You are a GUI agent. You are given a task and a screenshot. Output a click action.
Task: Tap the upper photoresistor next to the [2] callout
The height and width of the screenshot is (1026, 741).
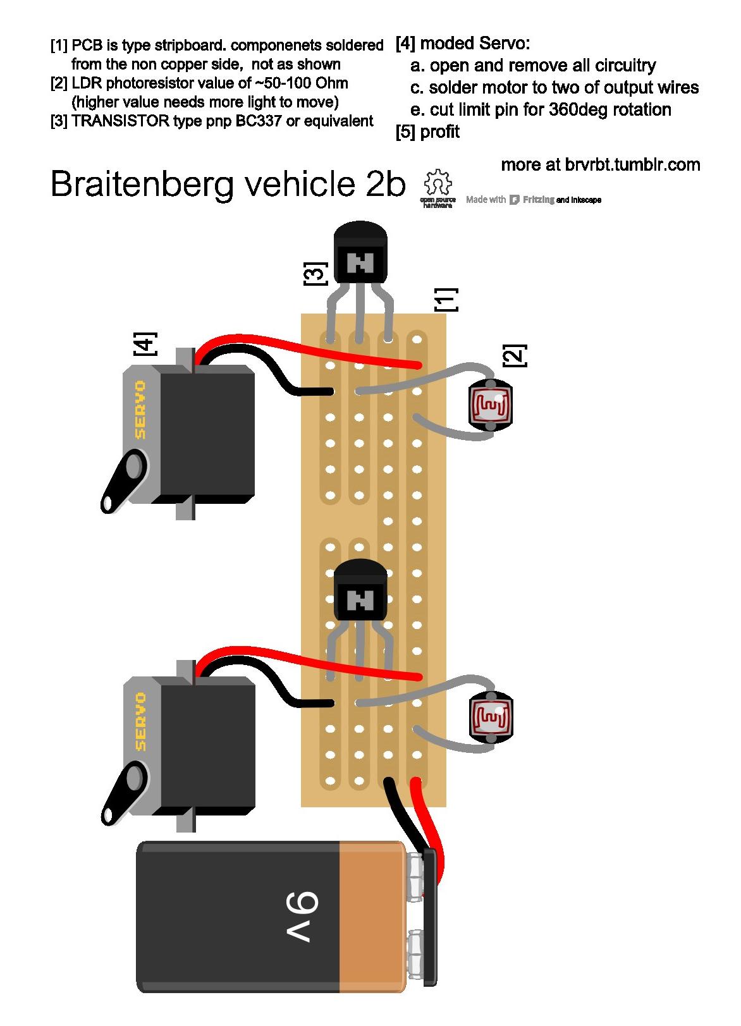[490, 405]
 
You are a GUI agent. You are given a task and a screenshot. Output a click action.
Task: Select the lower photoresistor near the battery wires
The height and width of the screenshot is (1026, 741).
[490, 716]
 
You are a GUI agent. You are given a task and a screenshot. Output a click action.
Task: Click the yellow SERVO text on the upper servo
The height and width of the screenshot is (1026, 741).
[140, 410]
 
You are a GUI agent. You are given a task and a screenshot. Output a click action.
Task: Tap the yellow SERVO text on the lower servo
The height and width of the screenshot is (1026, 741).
[140, 721]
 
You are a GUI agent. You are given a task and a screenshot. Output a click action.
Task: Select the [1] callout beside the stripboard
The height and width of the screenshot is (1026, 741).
[445, 300]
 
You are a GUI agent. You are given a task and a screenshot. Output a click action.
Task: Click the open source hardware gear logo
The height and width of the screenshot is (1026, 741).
[438, 185]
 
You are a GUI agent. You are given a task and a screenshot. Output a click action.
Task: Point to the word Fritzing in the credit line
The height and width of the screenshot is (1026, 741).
[539, 200]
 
